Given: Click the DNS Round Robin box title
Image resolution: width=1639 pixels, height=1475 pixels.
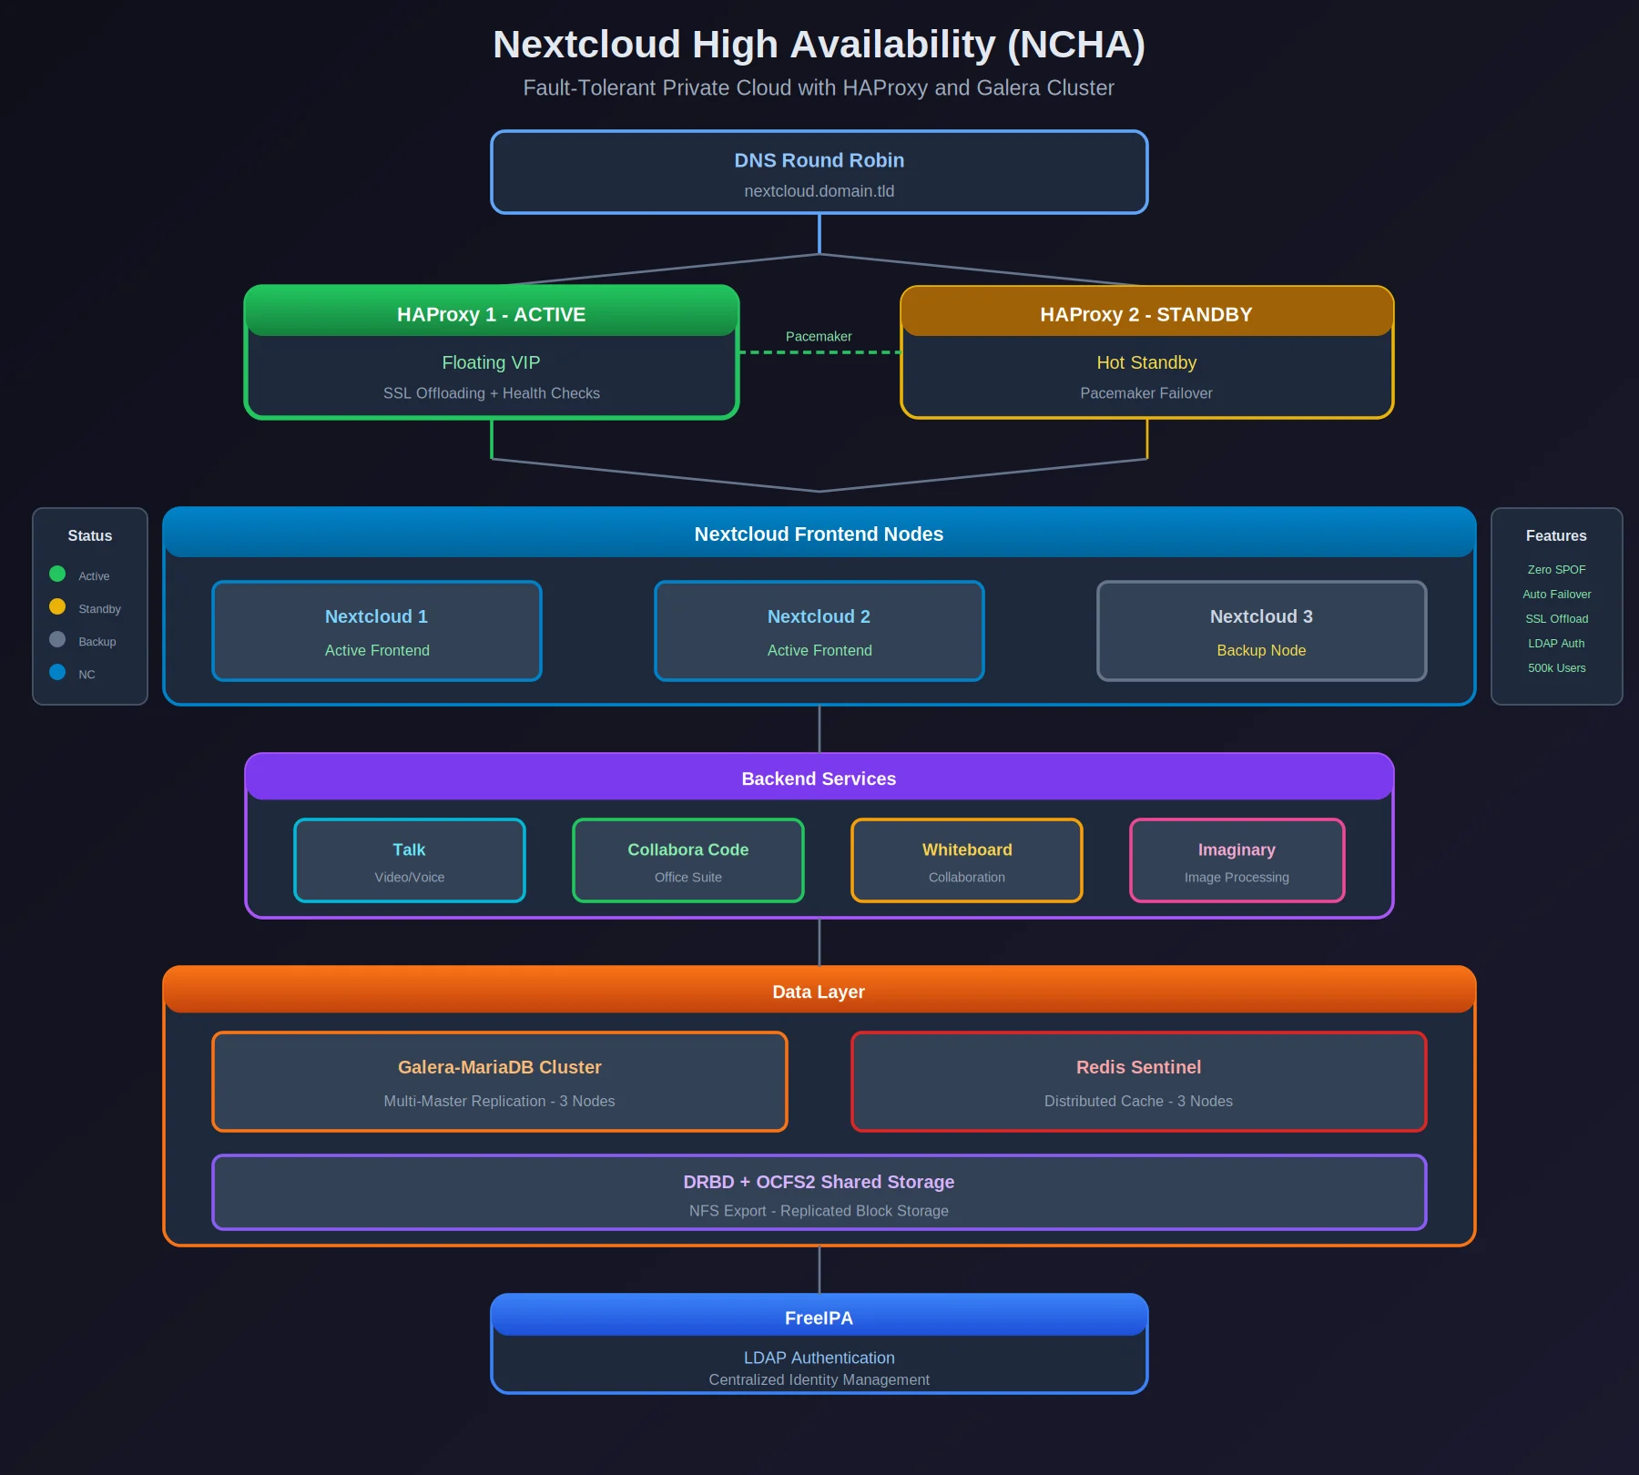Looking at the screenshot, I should (819, 160).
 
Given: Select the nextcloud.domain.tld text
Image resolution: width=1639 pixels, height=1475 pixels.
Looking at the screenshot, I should (819, 191).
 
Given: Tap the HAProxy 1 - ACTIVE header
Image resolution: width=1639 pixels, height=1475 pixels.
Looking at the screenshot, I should (491, 314).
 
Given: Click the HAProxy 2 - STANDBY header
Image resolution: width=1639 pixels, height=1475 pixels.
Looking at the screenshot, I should (1145, 314).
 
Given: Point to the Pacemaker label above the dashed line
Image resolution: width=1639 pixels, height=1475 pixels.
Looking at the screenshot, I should (819, 336).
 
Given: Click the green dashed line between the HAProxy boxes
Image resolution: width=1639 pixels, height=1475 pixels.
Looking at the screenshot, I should (819, 352).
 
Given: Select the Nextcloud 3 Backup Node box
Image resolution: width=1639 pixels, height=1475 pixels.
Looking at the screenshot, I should (1261, 631).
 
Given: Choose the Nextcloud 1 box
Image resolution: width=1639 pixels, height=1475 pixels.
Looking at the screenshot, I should (377, 631).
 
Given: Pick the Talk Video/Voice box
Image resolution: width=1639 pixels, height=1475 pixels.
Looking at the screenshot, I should (410, 860).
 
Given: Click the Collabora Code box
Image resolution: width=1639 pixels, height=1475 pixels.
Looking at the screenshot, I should (687, 860).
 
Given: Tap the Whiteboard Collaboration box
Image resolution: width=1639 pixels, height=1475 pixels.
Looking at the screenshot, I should (966, 860).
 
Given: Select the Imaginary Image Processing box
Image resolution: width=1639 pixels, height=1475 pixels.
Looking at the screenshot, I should (1237, 860).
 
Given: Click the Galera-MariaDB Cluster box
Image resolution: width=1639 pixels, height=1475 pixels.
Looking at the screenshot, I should (499, 1082).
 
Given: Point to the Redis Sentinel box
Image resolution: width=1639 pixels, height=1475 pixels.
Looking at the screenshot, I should (1138, 1082).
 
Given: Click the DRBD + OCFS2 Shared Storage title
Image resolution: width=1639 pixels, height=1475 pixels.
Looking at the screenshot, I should (819, 1182).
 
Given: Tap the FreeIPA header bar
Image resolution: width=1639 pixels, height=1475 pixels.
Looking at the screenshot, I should (819, 1317).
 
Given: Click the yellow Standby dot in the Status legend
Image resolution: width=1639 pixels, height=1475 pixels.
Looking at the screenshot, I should (57, 606).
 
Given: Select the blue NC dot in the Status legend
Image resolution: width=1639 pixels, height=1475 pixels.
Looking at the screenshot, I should (57, 672).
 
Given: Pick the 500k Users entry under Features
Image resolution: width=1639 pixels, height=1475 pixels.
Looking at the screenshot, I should (1556, 667).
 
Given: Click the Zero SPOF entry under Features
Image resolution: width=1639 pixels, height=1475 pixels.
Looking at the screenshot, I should (1556, 569).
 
